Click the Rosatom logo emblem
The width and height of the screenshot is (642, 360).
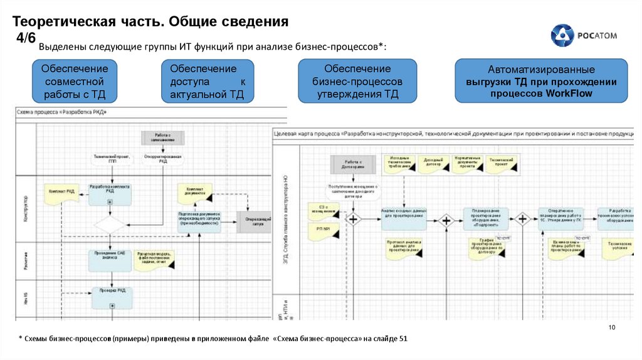coord(562,36)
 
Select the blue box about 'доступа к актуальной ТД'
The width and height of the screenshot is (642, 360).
coord(208,82)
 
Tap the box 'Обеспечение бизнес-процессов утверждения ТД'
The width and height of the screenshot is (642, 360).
coord(357,82)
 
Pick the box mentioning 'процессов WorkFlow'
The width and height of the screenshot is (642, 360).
coord(541,82)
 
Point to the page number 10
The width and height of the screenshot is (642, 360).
coord(613,329)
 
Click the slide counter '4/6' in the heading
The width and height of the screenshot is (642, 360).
coord(26,38)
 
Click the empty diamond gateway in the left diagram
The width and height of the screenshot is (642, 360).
coord(110,223)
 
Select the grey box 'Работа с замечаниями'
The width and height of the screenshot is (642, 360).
coord(163,137)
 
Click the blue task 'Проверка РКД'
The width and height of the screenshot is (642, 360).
coord(111,296)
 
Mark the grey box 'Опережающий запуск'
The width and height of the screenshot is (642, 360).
coord(258,221)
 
